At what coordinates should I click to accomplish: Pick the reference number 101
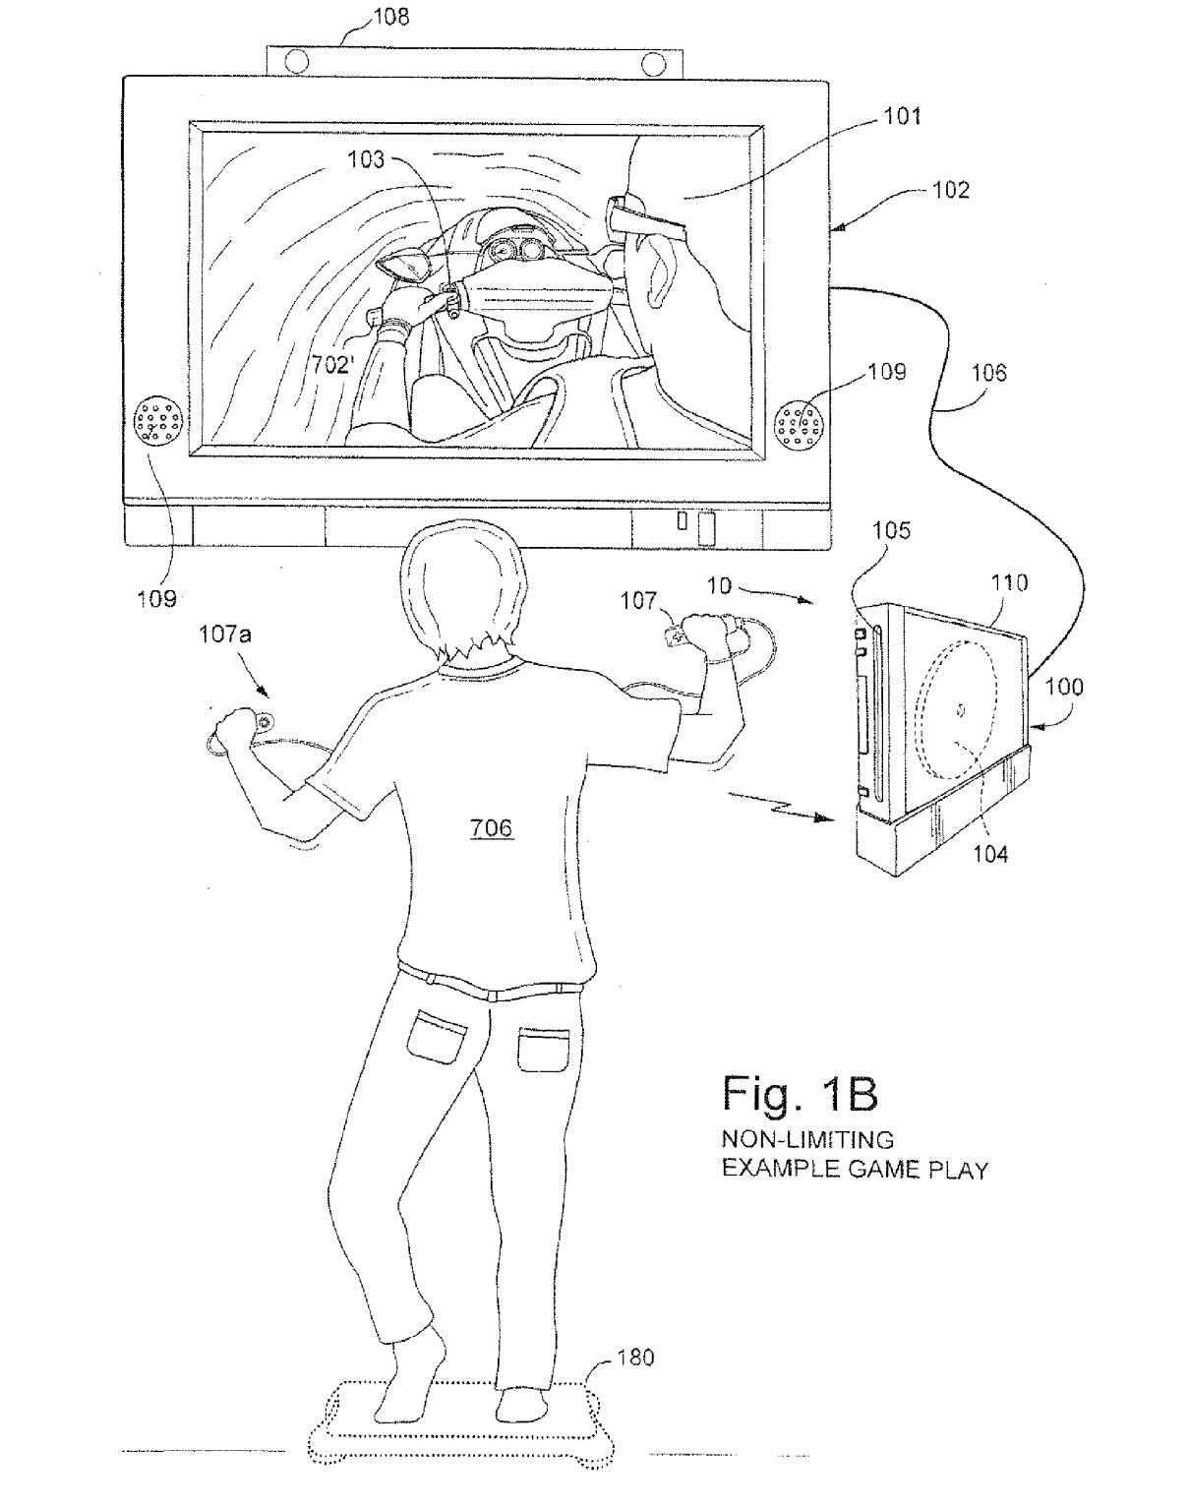(x=901, y=116)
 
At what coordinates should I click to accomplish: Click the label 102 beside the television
(x=949, y=190)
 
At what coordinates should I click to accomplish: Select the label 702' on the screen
(x=331, y=365)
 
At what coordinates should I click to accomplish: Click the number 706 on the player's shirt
(x=491, y=828)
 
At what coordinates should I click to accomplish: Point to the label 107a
(x=225, y=635)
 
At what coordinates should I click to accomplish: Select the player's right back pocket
(x=543, y=1050)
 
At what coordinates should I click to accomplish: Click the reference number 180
(x=635, y=1358)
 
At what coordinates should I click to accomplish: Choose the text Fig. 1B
(x=800, y=1093)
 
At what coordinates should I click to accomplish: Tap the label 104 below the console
(x=990, y=854)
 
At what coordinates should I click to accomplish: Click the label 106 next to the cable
(x=988, y=372)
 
